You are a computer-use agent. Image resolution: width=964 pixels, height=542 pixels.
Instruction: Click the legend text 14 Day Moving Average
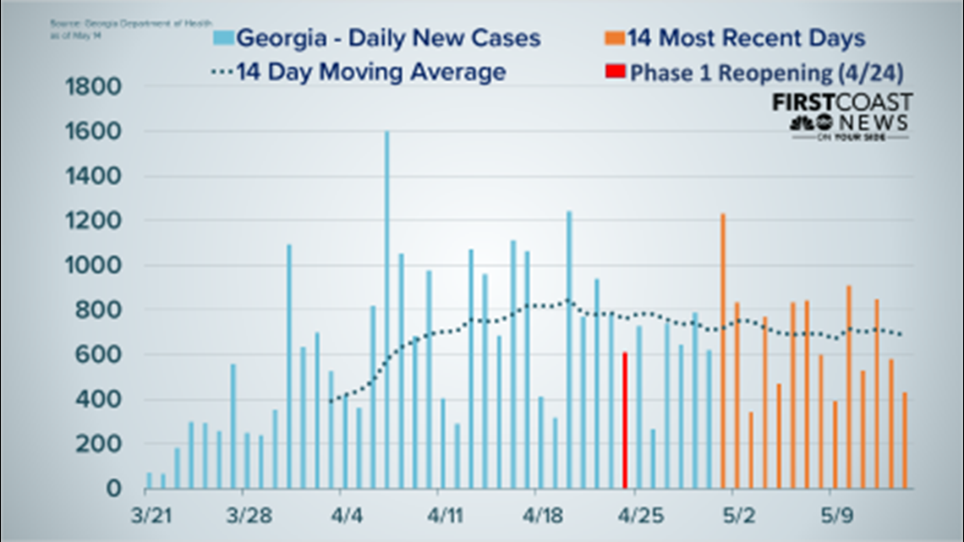click(x=371, y=72)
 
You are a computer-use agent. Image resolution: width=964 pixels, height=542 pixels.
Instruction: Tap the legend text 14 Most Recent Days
click(x=746, y=38)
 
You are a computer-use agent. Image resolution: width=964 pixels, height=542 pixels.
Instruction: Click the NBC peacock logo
click(x=800, y=123)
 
